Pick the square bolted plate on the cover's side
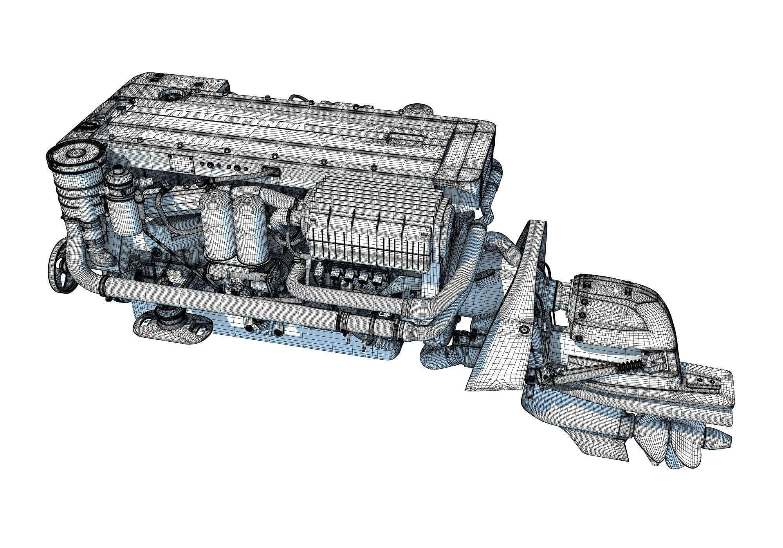[x=181, y=164]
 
